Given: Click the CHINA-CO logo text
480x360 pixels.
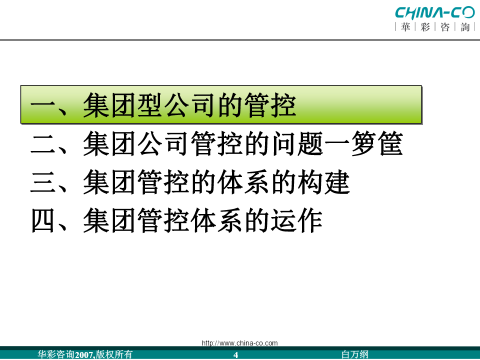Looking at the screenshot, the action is point(434,13).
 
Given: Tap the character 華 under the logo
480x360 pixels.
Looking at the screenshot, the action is point(405,27).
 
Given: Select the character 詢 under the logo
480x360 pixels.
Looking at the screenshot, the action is point(465,27).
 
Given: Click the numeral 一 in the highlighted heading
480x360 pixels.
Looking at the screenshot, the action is point(43,106).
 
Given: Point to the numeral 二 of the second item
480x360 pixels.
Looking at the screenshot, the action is point(43,144).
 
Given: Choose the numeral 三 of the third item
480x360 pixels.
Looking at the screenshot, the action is point(43,182).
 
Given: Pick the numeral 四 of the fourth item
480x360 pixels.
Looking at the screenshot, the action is point(43,220).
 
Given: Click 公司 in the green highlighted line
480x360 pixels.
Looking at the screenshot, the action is point(190,105).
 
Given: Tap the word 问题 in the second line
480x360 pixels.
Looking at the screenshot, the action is point(298,143).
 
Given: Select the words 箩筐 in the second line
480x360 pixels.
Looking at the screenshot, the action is point(377,143).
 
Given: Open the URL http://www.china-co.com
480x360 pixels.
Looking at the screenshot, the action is point(239,343).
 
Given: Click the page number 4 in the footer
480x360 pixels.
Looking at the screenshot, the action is point(235,355).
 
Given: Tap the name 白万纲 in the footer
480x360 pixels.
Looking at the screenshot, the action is point(355,354).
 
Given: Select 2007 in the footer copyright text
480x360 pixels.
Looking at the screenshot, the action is point(83,355).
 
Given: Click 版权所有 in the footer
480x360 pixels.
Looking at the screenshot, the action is point(114,354).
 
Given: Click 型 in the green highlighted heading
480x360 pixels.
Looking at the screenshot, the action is point(150,105).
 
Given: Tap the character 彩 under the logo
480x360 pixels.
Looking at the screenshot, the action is point(425,27).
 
